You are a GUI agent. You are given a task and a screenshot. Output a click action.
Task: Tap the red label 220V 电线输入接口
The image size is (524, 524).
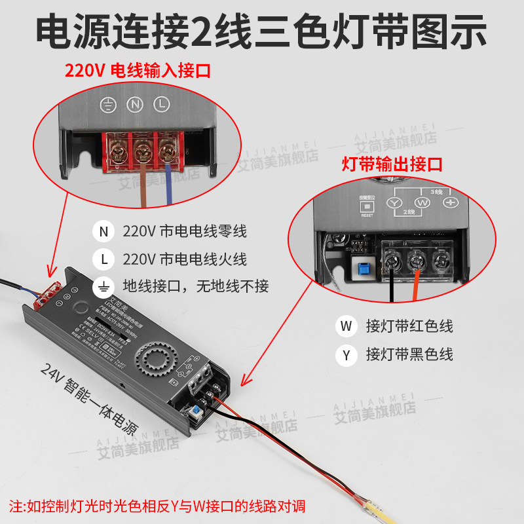click(x=137, y=71)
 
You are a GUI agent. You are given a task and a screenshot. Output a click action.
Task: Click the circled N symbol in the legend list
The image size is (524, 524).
click(x=103, y=232)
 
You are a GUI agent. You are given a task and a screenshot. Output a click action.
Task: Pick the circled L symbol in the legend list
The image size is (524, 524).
click(x=103, y=259)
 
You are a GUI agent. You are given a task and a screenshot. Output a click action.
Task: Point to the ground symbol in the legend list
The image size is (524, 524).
click(x=103, y=286)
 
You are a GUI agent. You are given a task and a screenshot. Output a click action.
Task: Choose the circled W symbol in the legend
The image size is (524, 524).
click(x=345, y=326)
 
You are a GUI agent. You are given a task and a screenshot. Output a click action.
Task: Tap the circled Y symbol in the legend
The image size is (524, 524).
click(x=345, y=355)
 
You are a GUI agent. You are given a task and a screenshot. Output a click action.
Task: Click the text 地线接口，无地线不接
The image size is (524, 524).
click(x=196, y=286)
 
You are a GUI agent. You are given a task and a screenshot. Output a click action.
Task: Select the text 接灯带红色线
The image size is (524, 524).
click(x=409, y=326)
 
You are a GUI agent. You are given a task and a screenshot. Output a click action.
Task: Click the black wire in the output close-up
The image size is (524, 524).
click(x=391, y=285)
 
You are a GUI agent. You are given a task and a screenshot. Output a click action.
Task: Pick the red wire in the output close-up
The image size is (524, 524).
click(x=415, y=285)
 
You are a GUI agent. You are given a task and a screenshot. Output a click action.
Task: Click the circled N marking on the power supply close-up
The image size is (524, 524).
click(x=135, y=104)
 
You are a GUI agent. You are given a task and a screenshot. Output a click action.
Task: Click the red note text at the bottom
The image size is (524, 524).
click(x=157, y=506)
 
